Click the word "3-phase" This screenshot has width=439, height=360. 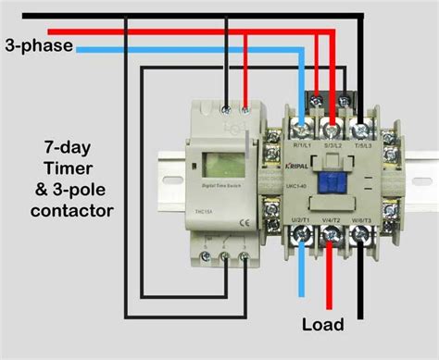(x=38, y=43)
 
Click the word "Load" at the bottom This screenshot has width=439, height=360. (x=322, y=324)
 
